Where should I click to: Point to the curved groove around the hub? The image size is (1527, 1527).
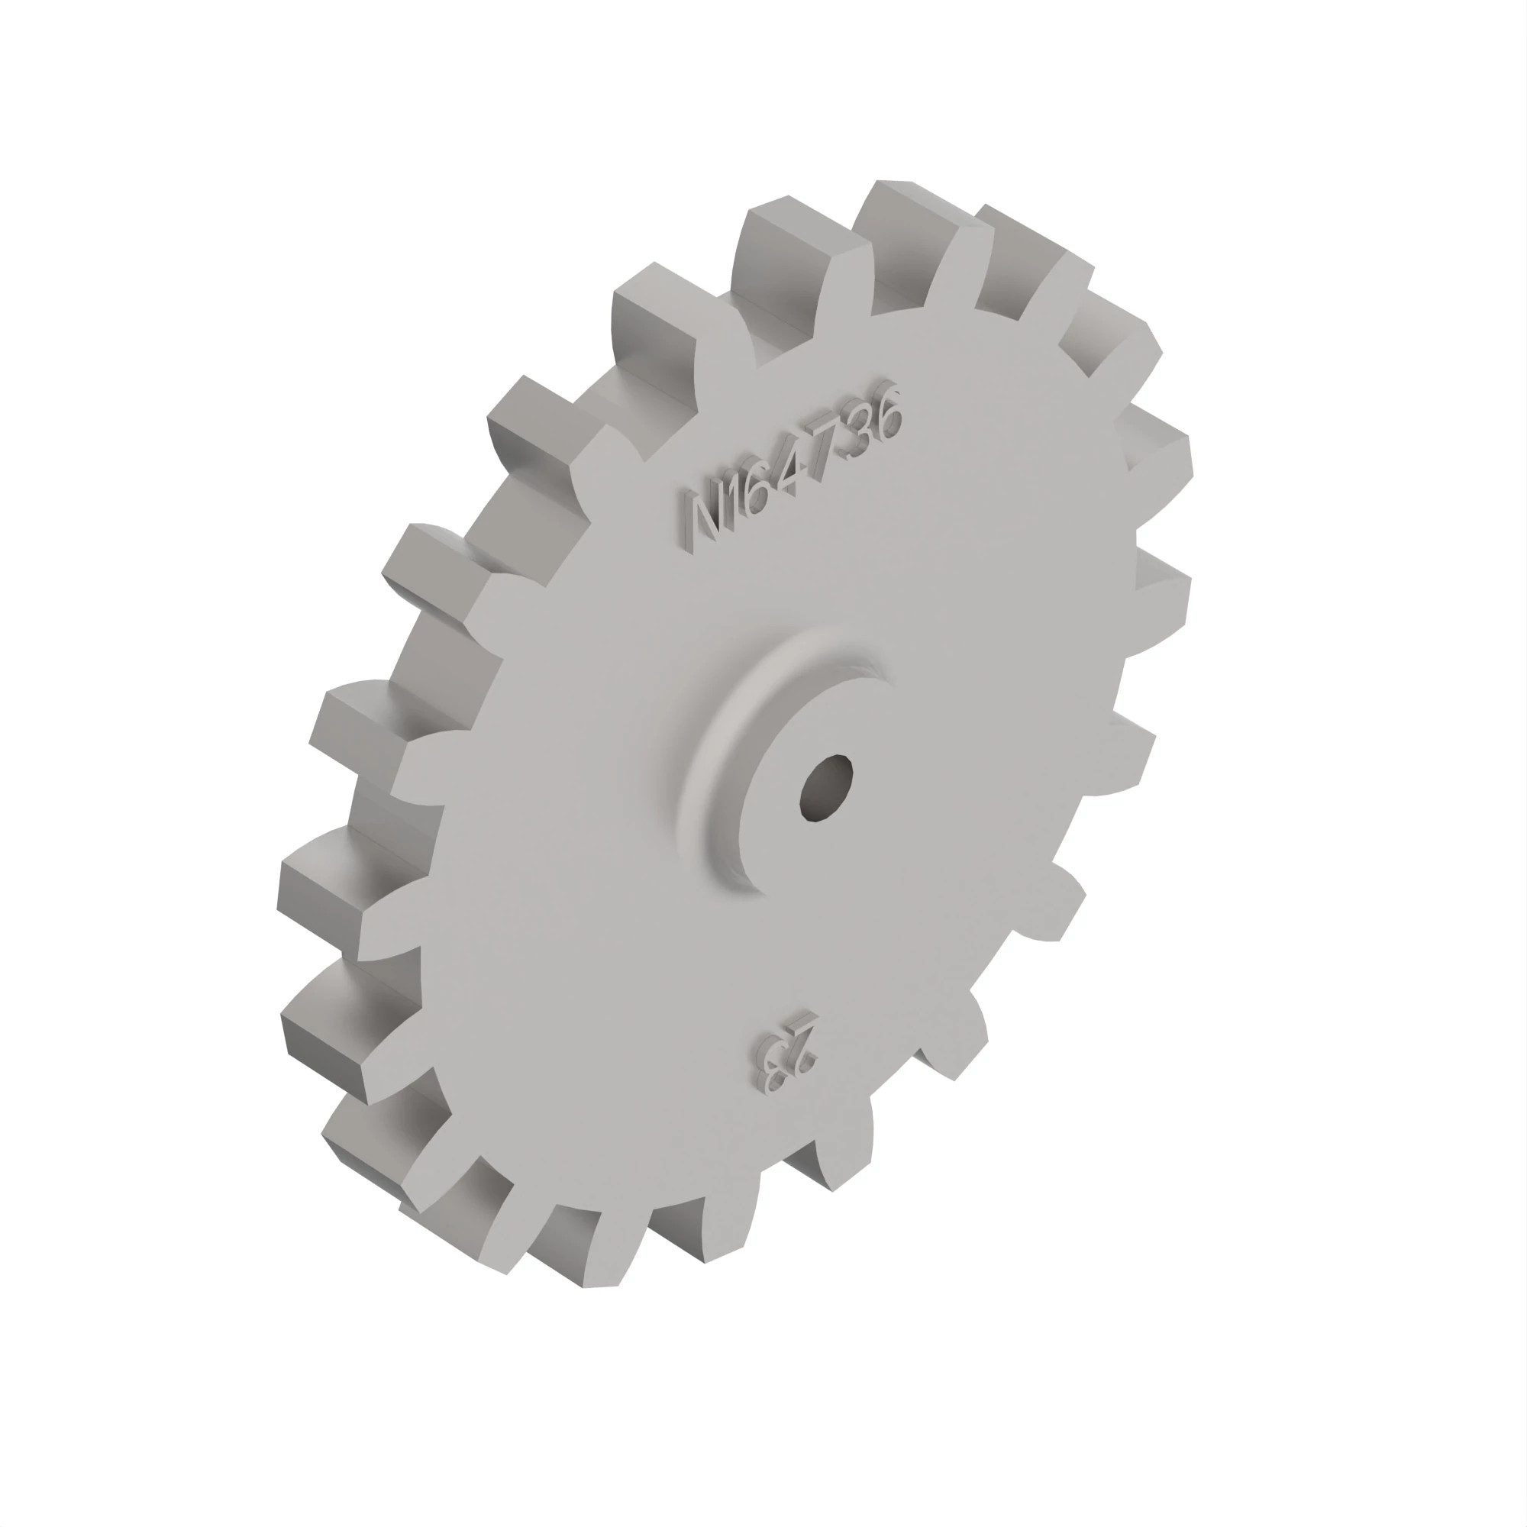click(x=712, y=759)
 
